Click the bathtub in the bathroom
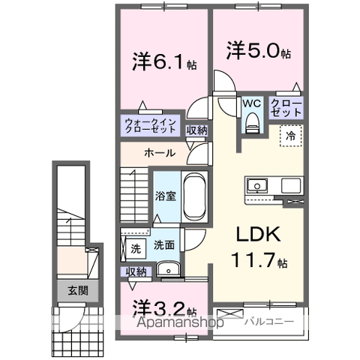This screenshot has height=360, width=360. click(x=194, y=196)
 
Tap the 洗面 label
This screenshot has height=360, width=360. click(x=164, y=244)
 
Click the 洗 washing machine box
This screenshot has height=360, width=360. click(x=136, y=247)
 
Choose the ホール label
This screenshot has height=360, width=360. click(x=160, y=152)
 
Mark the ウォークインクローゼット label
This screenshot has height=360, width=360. click(x=151, y=124)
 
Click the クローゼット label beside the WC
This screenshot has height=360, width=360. click(x=286, y=107)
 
